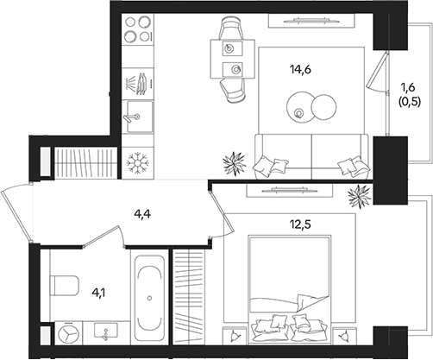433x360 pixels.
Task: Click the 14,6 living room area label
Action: click(301, 70)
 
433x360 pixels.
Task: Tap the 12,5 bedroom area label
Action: click(300, 224)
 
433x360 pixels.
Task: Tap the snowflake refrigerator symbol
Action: click(137, 163)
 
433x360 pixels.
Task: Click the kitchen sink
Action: click(139, 117)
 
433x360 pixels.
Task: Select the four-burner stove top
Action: click(138, 28)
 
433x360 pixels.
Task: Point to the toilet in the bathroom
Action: click(64, 286)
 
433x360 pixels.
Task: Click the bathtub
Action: click(149, 298)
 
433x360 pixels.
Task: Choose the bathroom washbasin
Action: click(106, 333)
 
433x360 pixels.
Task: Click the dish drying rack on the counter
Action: click(138, 84)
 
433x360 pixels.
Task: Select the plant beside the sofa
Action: click(235, 163)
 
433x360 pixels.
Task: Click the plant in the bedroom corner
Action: click(360, 196)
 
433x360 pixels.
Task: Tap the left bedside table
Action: click(235, 336)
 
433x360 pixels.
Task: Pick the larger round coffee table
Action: click(300, 107)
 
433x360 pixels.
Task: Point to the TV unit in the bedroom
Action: click(290, 191)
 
